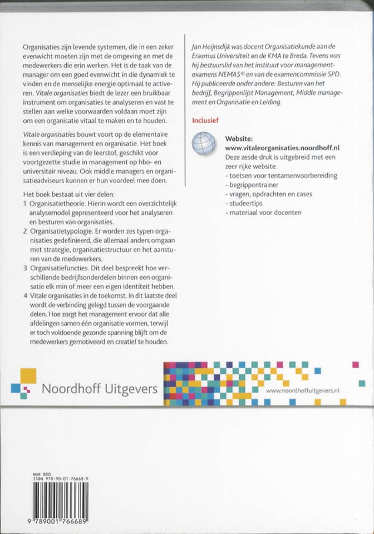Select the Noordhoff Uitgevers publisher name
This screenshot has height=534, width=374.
pos(100,388)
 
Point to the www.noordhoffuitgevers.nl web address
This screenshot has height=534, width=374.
pos(303,391)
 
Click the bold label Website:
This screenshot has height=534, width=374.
pos(240,137)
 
